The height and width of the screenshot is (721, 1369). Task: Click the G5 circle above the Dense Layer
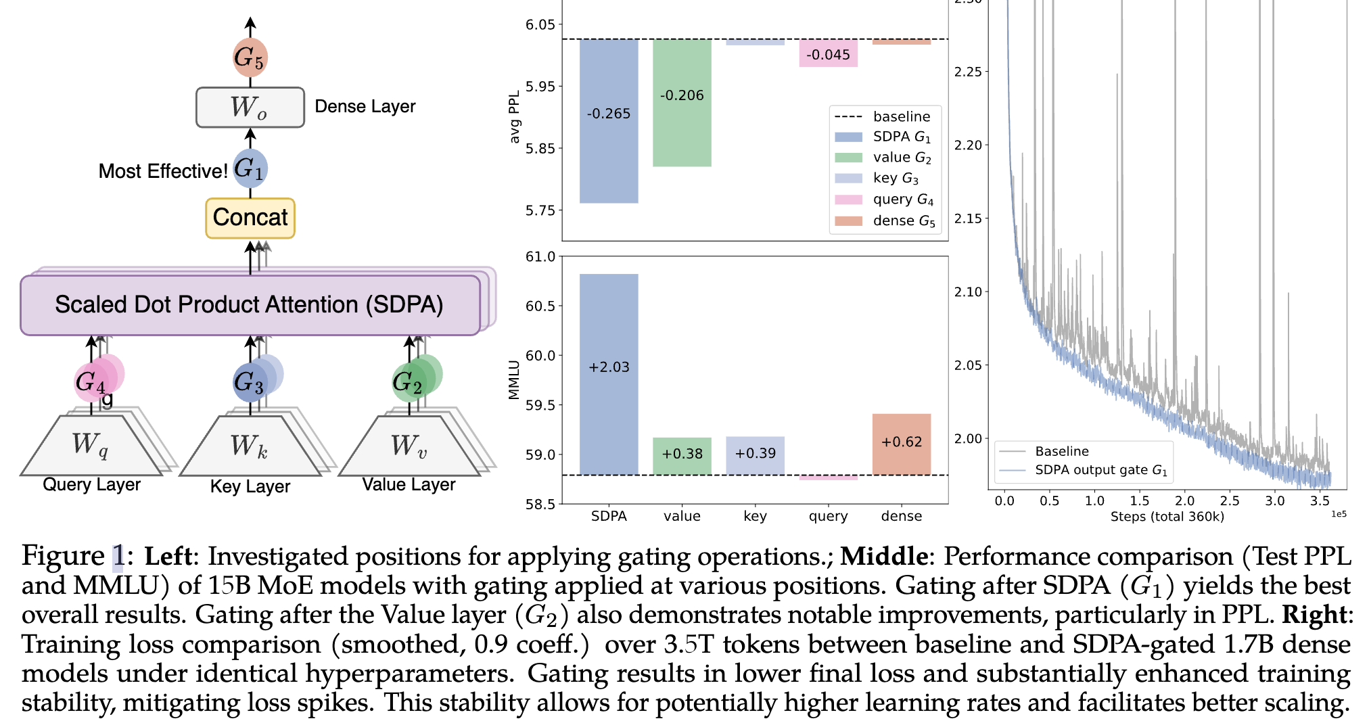[x=250, y=57]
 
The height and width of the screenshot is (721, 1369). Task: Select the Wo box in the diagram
[x=250, y=107]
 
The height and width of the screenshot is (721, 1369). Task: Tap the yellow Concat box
[x=250, y=218]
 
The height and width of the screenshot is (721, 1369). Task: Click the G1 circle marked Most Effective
[x=250, y=169]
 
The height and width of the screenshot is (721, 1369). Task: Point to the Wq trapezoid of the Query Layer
[x=90, y=446]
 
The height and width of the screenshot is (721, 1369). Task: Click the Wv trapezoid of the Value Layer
[x=409, y=446]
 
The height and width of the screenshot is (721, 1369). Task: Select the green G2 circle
[x=409, y=382]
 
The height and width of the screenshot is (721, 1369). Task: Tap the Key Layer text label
[x=250, y=486]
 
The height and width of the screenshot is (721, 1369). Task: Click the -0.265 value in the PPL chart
[x=608, y=114]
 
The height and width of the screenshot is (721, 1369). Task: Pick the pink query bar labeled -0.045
[x=828, y=53]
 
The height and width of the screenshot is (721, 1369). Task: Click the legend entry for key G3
[x=895, y=179]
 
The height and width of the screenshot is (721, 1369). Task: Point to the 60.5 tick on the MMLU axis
[x=540, y=306]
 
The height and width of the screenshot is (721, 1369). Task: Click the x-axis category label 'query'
[x=828, y=516]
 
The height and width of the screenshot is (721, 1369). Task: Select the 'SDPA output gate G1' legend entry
[x=1100, y=470]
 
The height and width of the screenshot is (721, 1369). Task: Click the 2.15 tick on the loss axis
[x=967, y=218]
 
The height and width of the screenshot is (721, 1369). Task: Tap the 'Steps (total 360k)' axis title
[x=1167, y=517]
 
